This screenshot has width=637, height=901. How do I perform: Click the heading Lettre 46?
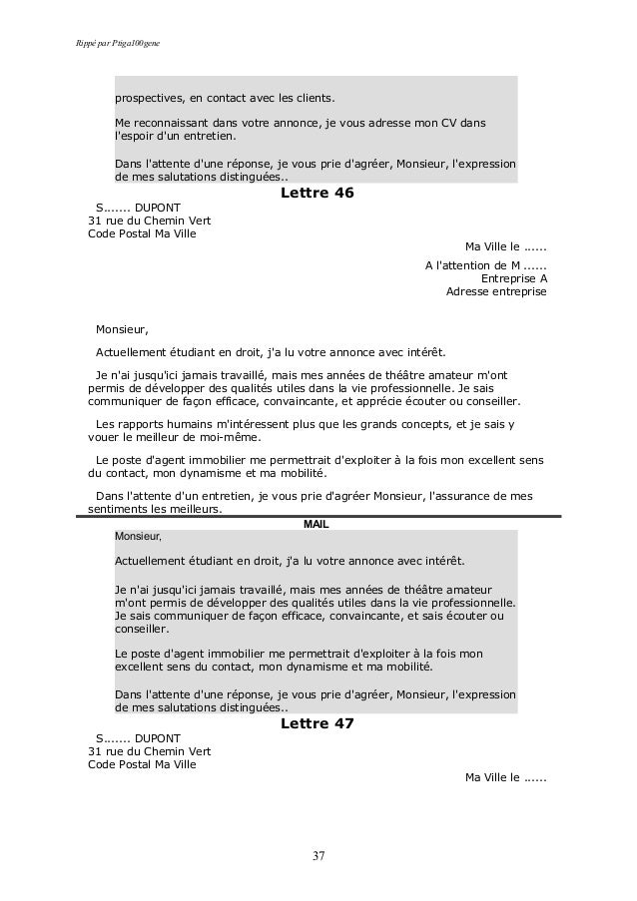coord(318,193)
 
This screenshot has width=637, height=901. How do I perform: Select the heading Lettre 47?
coord(318,722)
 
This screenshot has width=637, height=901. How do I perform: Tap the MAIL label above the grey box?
coord(316,524)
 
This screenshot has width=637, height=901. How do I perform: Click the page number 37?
coord(318,855)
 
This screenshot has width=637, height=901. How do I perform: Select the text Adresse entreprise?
coord(496,293)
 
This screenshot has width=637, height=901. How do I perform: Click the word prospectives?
coord(149,99)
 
